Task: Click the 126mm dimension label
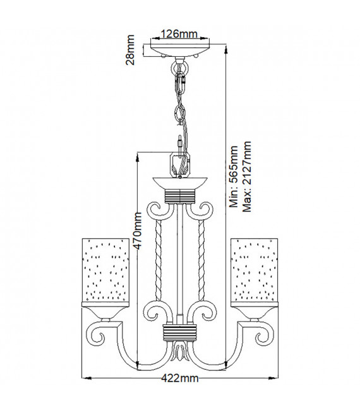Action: click(179, 34)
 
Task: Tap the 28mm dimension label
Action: click(130, 50)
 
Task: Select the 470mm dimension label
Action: click(137, 231)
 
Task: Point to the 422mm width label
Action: click(180, 379)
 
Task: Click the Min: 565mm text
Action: click(233, 176)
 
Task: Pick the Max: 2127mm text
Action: click(247, 176)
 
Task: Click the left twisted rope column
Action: click(159, 260)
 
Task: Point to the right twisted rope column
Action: click(201, 260)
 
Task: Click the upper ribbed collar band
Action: click(180, 197)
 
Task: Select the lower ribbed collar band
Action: click(179, 332)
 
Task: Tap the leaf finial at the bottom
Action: click(180, 351)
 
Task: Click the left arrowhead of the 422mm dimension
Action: click(87, 379)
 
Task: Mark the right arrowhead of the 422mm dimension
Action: click(273, 379)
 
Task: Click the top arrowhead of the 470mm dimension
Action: click(137, 157)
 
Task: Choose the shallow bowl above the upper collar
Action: click(180, 183)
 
